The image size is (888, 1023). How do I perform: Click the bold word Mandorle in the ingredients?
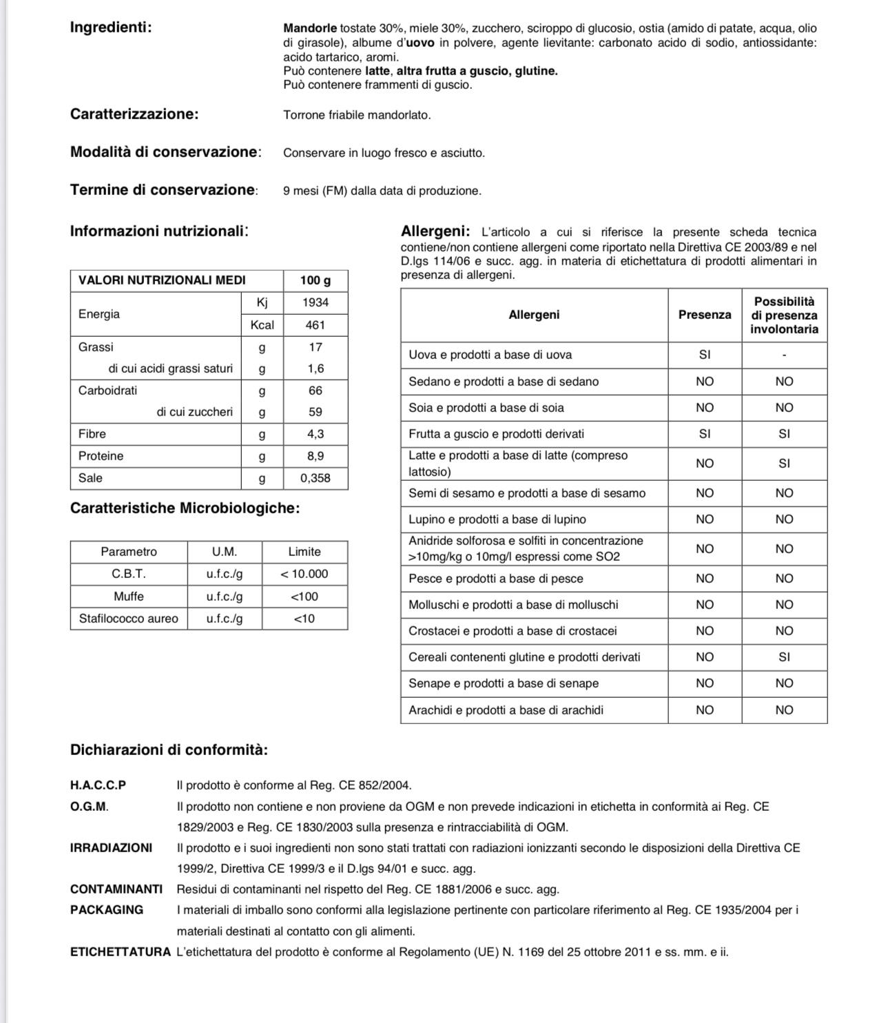pyautogui.click(x=310, y=28)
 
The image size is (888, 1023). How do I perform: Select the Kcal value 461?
pyautogui.click(x=316, y=325)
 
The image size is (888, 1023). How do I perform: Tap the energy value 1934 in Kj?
pyautogui.click(x=316, y=302)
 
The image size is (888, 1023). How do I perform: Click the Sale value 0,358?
pyautogui.click(x=316, y=478)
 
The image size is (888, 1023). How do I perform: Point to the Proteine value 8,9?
pyautogui.click(x=316, y=456)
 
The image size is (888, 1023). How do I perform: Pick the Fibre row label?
pyautogui.click(x=92, y=434)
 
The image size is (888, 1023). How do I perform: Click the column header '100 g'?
pyautogui.click(x=316, y=280)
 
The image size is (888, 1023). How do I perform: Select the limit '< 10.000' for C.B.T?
pyautogui.click(x=304, y=574)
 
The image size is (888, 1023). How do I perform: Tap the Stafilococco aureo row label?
pyautogui.click(x=129, y=619)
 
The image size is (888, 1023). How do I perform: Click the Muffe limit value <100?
pyautogui.click(x=304, y=597)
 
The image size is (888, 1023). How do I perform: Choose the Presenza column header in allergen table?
pyautogui.click(x=705, y=315)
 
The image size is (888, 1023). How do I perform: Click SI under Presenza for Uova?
pyautogui.click(x=705, y=355)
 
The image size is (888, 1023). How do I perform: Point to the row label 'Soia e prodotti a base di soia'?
pyautogui.click(x=486, y=408)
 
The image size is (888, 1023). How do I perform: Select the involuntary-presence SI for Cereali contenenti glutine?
pyautogui.click(x=784, y=657)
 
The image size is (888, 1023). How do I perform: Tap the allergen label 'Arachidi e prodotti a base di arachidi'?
pyautogui.click(x=506, y=710)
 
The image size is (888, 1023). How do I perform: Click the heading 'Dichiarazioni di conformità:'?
pyautogui.click(x=169, y=750)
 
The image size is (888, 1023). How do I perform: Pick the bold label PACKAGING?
pyautogui.click(x=107, y=910)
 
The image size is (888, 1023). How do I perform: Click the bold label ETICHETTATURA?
pyautogui.click(x=121, y=952)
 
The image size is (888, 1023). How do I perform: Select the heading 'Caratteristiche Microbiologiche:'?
pyautogui.click(x=185, y=508)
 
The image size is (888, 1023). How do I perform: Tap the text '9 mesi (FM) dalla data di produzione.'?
pyautogui.click(x=382, y=191)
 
